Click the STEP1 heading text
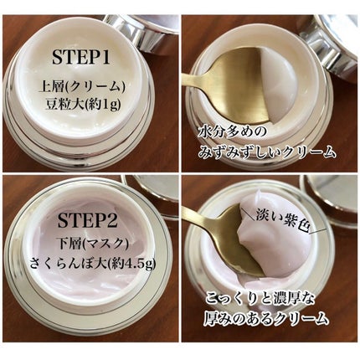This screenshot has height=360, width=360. click(90, 58)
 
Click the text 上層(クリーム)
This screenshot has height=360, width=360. click(90, 86)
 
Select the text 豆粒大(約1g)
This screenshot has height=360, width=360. click(90, 106)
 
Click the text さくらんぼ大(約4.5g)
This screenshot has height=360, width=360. click(90, 268)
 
